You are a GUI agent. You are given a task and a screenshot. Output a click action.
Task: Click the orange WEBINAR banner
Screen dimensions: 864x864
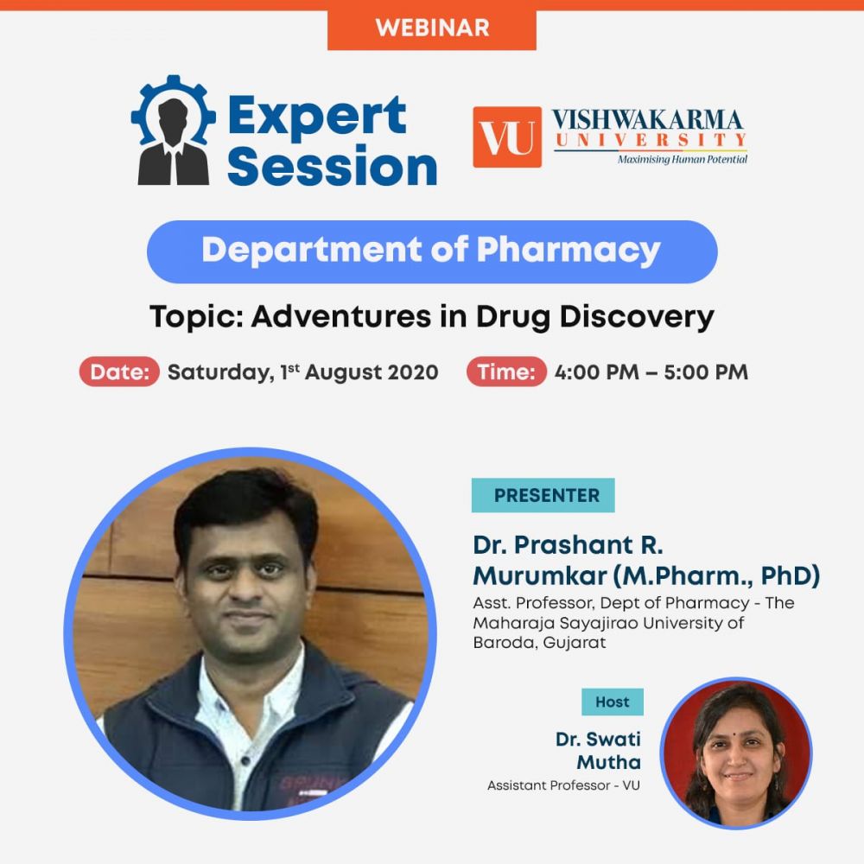coord(431,28)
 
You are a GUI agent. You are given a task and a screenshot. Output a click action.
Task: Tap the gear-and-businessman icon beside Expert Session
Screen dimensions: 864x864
coord(173,130)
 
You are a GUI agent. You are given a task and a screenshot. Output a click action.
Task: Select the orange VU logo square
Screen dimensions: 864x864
coord(507,137)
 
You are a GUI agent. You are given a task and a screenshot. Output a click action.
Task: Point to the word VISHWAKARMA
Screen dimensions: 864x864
coord(647,119)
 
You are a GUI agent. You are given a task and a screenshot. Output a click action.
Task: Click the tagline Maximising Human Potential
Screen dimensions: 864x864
coord(683,160)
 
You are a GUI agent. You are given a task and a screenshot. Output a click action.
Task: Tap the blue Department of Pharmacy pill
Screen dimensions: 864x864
coord(432,251)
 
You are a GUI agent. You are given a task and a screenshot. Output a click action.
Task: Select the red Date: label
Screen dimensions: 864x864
coord(119,372)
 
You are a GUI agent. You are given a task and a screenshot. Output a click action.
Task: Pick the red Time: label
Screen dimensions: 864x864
coord(506,372)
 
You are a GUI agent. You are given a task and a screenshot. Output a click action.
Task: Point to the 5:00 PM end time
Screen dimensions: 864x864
coord(706,372)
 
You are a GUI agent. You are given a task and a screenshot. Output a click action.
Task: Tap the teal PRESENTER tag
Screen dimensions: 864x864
coord(543,495)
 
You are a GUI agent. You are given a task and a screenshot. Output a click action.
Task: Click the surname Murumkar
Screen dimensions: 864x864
coord(539,576)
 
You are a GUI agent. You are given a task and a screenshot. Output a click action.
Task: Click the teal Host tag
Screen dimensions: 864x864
coord(613,702)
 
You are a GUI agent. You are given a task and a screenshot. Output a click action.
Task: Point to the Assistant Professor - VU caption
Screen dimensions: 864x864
coord(563,785)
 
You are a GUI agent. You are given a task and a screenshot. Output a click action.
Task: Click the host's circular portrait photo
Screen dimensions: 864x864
coord(736,753)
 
